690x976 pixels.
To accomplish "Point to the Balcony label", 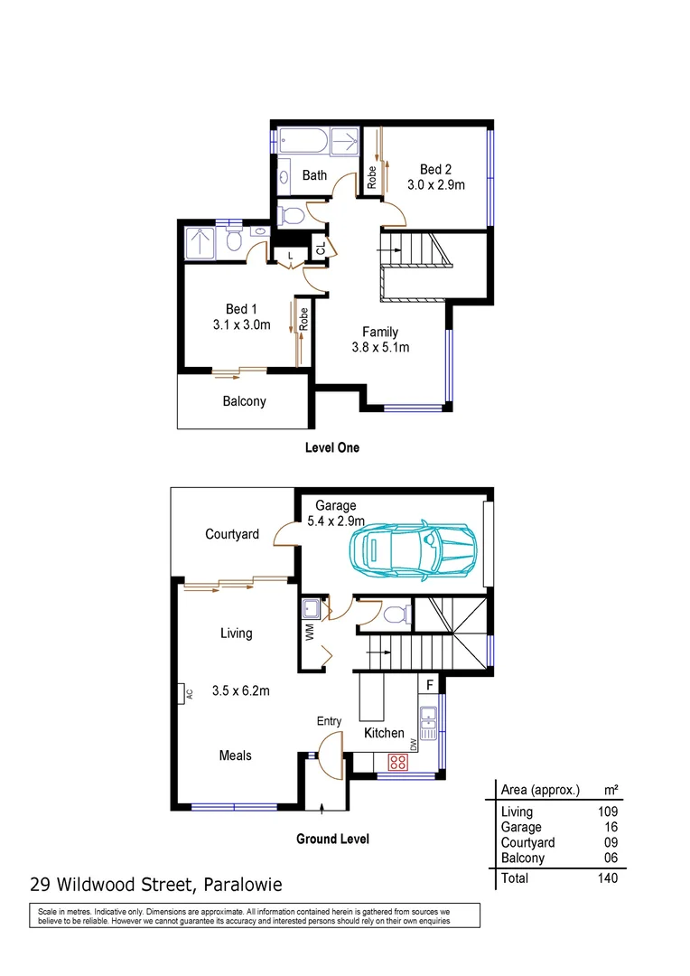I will click(x=245, y=401).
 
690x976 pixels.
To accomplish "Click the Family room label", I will click(x=380, y=332).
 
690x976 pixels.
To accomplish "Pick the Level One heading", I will click(x=331, y=447).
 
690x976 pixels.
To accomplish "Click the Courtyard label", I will click(x=232, y=534).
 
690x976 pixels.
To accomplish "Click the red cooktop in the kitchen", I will click(x=397, y=761).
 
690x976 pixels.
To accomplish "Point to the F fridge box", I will click(x=430, y=684).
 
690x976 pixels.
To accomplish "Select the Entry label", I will click(x=329, y=720).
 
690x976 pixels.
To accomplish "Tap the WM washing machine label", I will click(x=308, y=633).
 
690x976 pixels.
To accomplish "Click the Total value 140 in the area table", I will click(x=607, y=877).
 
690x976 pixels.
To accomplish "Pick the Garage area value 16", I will click(x=611, y=827).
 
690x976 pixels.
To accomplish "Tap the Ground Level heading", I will click(x=332, y=839).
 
